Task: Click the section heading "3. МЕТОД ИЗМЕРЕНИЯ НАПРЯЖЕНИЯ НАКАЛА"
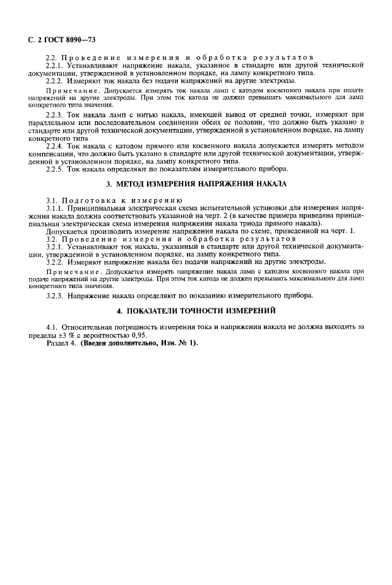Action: [196, 184]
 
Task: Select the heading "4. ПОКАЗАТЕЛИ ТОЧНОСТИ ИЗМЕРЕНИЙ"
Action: [196, 311]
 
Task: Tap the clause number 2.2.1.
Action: [57, 65]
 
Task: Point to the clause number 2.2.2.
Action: [57, 80]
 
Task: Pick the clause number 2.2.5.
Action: [57, 169]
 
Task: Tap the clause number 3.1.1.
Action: [57, 207]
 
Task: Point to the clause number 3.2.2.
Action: [57, 261]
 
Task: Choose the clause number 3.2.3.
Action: [57, 296]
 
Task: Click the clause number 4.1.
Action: [54, 327]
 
